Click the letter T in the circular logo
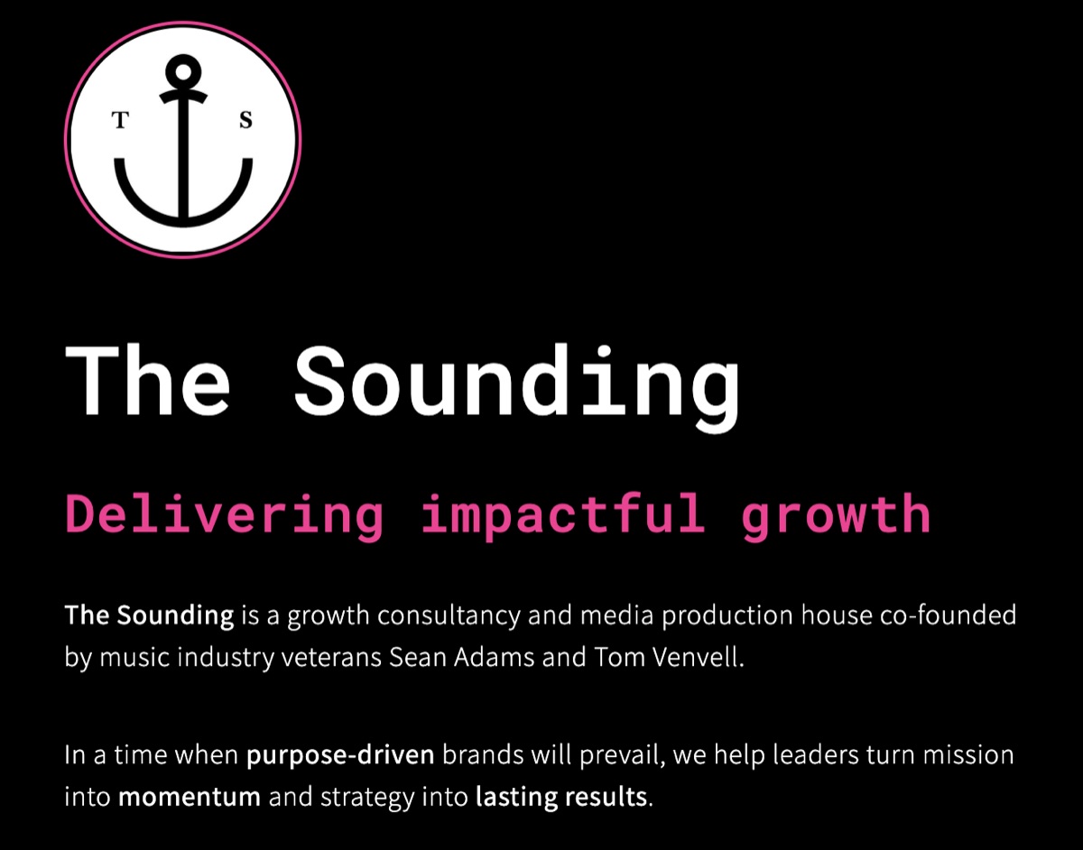click(x=117, y=121)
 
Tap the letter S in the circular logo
click(x=245, y=121)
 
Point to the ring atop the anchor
click(x=183, y=69)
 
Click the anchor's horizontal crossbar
click(x=183, y=96)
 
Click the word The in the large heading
click(x=148, y=379)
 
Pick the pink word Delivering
click(x=225, y=514)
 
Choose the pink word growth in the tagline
click(x=835, y=514)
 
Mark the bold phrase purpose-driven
click(x=340, y=755)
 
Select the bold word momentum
click(x=190, y=797)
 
